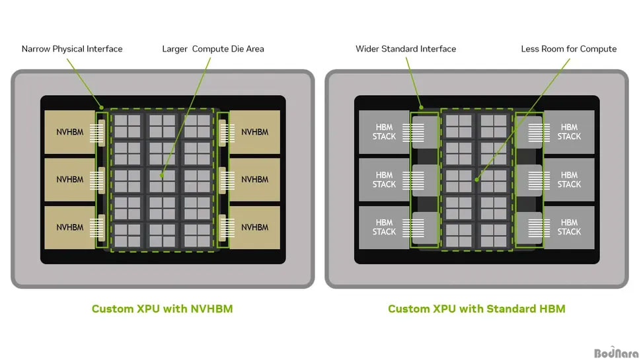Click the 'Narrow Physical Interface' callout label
click(72, 49)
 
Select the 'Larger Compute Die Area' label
click(213, 49)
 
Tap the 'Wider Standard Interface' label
click(406, 49)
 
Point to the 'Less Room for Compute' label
click(569, 49)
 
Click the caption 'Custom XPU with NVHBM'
click(163, 308)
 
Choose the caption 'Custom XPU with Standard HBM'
click(476, 308)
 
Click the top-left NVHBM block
click(70, 132)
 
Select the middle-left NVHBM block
click(70, 180)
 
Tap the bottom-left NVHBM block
click(70, 227)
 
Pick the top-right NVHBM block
click(254, 132)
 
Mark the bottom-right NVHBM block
click(254, 227)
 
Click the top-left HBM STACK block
click(385, 132)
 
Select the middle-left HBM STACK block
click(385, 180)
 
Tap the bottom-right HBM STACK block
click(569, 227)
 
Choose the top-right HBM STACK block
click(569, 132)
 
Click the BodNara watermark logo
click(616, 353)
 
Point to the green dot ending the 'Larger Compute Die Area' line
click(162, 175)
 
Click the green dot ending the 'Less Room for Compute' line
click(476, 180)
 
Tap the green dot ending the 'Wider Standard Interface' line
click(421, 108)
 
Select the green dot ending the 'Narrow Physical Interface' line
click(101, 108)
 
